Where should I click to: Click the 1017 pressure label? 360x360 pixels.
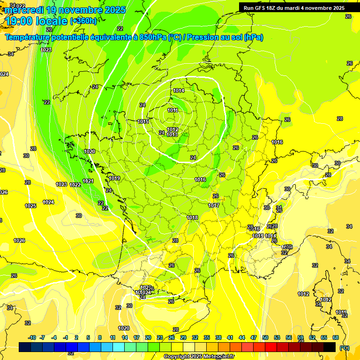(x=214, y=205)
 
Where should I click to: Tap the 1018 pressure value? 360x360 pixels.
(x=192, y=217)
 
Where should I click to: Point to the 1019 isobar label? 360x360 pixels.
(x=115, y=178)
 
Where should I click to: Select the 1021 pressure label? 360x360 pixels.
(x=88, y=181)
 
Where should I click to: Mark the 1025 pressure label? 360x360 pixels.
(x=30, y=206)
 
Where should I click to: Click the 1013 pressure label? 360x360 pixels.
(x=172, y=135)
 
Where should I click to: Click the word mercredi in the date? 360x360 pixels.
(x=23, y=9)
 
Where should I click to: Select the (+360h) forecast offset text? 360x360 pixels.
(x=84, y=21)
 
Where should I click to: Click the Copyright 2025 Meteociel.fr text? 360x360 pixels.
(x=199, y=356)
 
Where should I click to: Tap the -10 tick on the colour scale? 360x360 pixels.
(x=32, y=337)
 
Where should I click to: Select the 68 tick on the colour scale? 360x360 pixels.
(x=336, y=337)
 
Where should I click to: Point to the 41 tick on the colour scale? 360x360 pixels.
(x=230, y=337)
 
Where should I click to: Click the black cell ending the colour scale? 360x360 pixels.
(x=330, y=347)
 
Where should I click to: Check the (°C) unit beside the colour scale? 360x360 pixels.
(x=345, y=347)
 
